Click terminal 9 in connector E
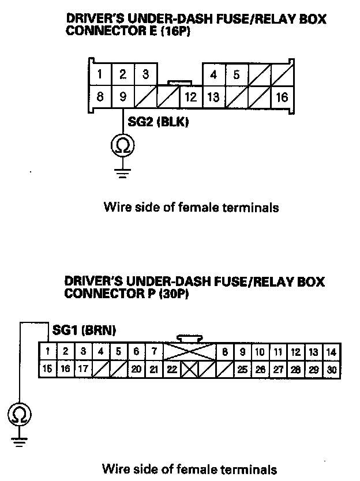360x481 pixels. pos(123,97)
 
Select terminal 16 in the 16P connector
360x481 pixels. pos(282,97)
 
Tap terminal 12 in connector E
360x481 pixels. pos(191,97)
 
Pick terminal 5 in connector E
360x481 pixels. pos(237,75)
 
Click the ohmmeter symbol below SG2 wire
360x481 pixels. pos(123,146)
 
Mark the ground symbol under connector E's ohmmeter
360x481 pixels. pos(123,171)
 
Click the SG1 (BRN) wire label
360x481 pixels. pos(84,330)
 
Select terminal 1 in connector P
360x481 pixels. pos(48,351)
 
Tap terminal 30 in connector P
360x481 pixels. pos(331,370)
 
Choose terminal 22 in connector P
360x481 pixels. pos(172,370)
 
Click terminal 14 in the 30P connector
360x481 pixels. pos(331,351)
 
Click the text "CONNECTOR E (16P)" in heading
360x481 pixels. pos(128,31)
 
